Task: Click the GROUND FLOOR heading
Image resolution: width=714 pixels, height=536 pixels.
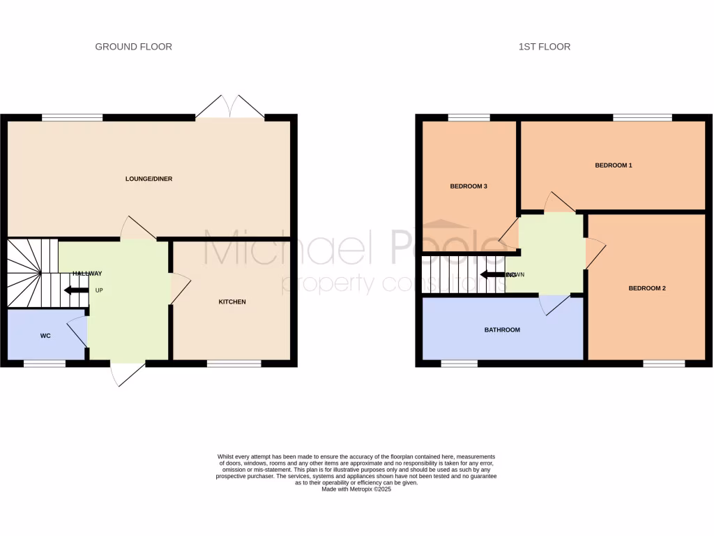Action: pos(133,47)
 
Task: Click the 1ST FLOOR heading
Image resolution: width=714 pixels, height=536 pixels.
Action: pos(545,47)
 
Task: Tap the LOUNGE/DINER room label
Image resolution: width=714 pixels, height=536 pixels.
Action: pos(149,179)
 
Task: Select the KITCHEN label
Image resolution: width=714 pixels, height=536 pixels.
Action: pos(232,301)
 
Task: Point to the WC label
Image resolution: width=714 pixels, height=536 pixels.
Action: pos(45,336)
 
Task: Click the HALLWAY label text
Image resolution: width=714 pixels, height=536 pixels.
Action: pos(86,273)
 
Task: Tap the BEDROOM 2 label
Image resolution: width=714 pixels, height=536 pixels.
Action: pos(646,288)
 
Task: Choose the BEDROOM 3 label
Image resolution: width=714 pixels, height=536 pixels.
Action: pos(468,186)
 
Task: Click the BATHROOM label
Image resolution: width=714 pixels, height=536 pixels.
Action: pos(502,329)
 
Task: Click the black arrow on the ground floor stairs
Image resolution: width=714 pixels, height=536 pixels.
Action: pos(75,290)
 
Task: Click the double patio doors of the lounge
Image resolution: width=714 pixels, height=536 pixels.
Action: pos(230,106)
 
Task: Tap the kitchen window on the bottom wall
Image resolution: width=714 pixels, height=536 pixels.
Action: pos(234,363)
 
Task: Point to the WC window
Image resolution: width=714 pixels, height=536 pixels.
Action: pos(45,363)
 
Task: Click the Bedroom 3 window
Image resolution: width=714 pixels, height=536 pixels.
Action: pos(469,117)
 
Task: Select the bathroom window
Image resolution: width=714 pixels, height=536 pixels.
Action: pos(459,363)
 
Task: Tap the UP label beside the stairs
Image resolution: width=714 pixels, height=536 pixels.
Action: pos(99,290)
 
